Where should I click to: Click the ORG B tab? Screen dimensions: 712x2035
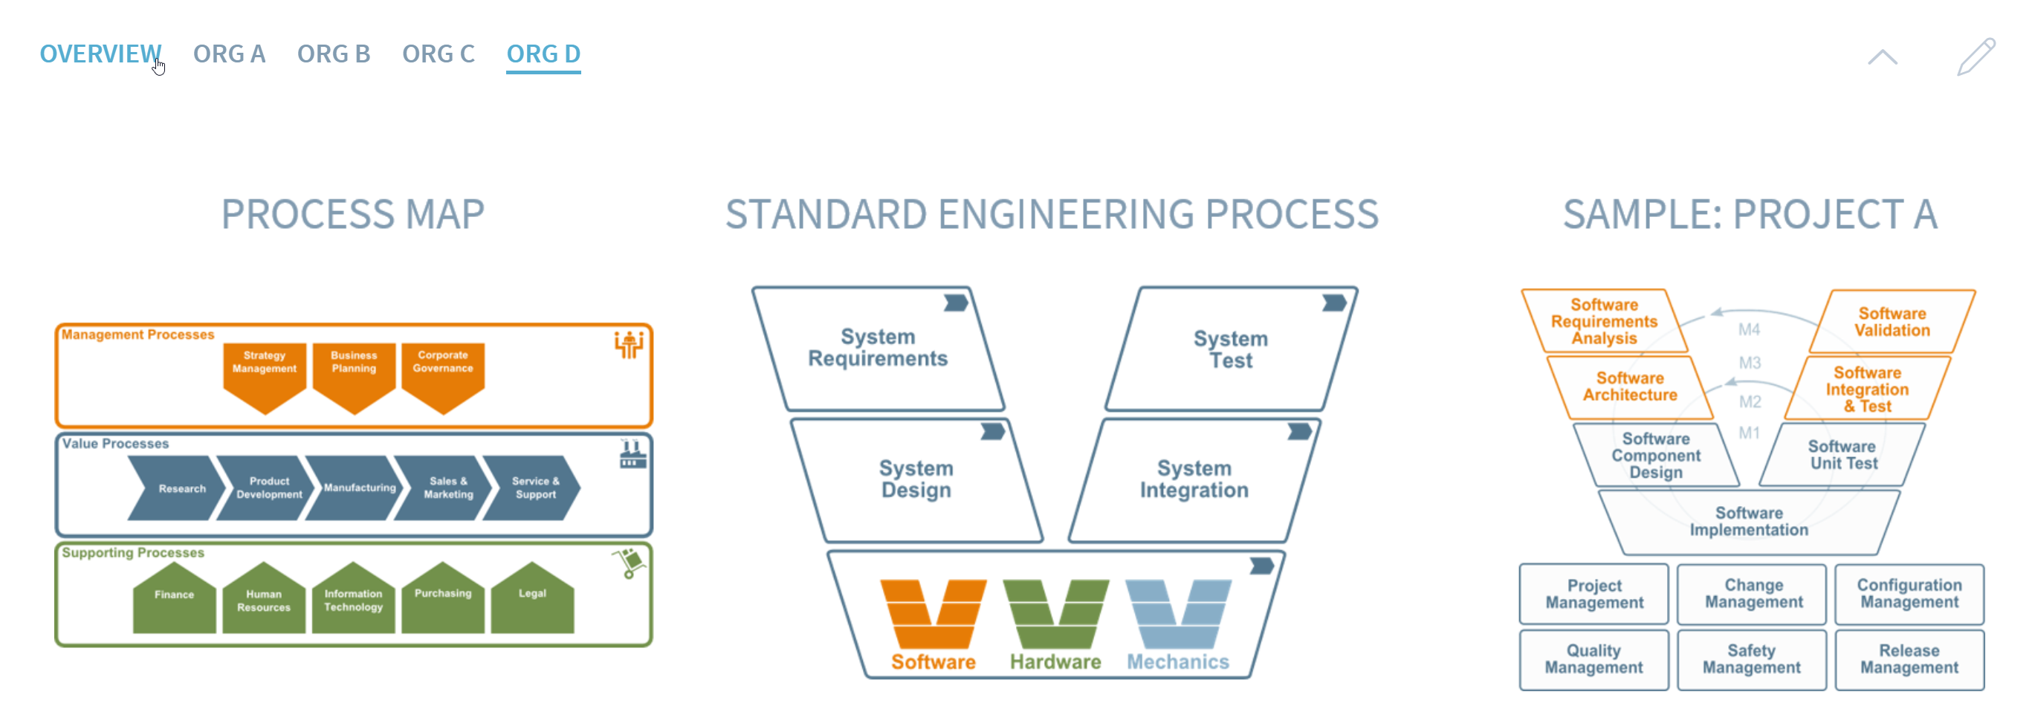click(334, 54)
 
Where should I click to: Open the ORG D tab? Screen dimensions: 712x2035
click(543, 54)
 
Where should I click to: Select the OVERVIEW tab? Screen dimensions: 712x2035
click(100, 54)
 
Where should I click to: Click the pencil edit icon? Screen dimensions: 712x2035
click(1975, 57)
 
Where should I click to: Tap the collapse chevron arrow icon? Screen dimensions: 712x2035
click(1882, 57)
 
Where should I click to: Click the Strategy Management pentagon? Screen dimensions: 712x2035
click(265, 375)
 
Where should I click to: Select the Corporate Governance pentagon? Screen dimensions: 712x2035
click(442, 375)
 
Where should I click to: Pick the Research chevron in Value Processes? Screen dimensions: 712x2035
click(175, 488)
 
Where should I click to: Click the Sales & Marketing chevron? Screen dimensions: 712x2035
click(444, 488)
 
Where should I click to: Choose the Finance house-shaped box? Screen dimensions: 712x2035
click(174, 600)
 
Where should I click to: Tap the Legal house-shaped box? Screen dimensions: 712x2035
click(531, 600)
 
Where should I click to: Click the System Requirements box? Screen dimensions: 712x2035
click(878, 349)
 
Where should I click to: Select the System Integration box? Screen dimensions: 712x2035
click(1194, 479)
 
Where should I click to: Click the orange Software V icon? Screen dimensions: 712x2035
click(933, 615)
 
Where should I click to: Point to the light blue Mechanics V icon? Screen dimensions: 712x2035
click(1178, 615)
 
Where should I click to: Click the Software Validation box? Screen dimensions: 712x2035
click(1892, 323)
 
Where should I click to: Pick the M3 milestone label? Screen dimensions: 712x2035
click(1750, 363)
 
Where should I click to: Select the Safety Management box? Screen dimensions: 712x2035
click(1751, 659)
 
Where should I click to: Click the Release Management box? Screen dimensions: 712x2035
click(1909, 659)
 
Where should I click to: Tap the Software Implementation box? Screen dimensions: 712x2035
click(1749, 522)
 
